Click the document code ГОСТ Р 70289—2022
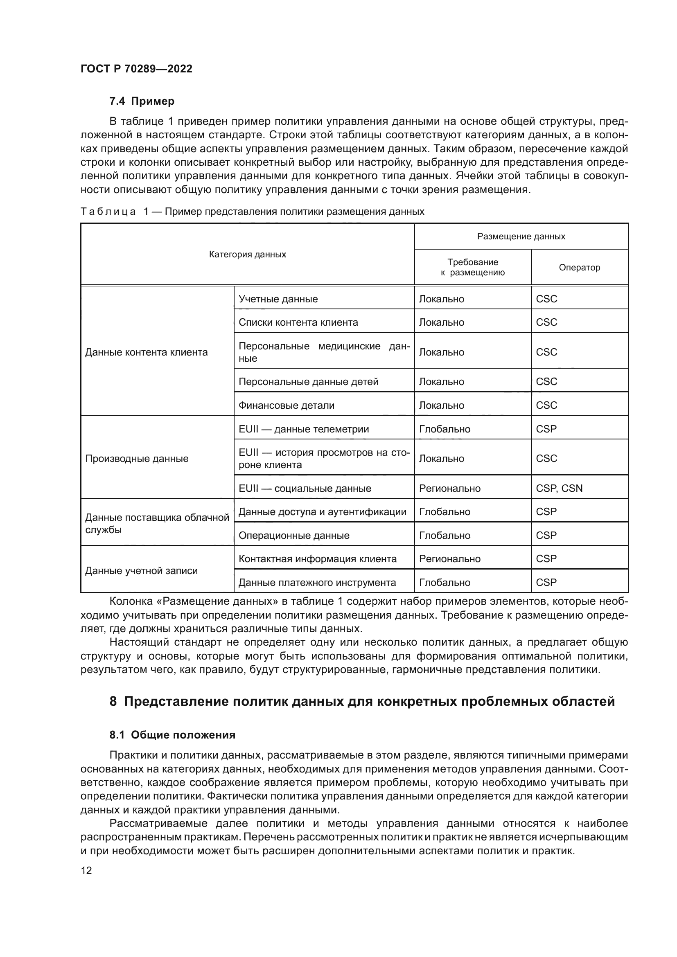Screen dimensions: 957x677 [136, 69]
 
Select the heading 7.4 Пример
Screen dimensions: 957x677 [142, 101]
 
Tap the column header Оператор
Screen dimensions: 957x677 [579, 268]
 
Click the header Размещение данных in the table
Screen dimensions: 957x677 [521, 237]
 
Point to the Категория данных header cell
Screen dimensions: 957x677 [247, 254]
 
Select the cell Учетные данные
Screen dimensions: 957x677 [278, 299]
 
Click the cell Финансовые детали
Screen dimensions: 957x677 [287, 405]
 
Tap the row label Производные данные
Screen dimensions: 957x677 [137, 459]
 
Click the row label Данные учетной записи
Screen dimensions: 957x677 [141, 571]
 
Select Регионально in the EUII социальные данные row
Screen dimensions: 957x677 [449, 489]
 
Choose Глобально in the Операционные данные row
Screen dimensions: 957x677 [445, 536]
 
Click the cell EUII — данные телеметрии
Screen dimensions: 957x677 [303, 429]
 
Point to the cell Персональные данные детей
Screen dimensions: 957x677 [308, 382]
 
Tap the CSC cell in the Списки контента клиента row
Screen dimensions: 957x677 [546, 322]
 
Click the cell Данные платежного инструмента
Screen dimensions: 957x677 [317, 583]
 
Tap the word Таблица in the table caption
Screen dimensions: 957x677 [108, 212]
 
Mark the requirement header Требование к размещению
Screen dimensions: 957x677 [472, 268]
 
